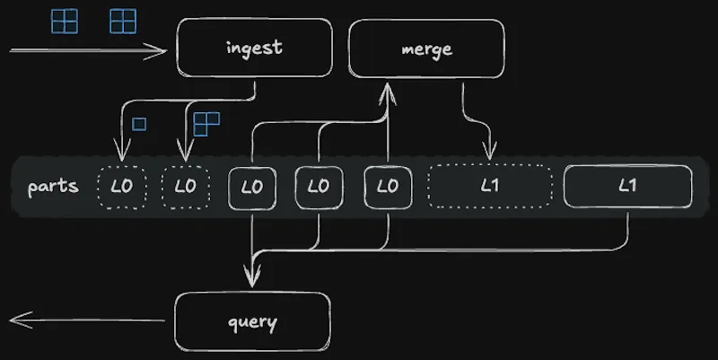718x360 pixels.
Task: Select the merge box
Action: coord(426,48)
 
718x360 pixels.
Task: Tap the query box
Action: coord(252,321)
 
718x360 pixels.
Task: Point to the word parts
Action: coord(53,187)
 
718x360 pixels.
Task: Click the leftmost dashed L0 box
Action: coord(121,187)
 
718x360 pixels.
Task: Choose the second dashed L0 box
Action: coord(185,187)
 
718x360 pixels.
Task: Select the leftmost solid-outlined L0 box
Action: coord(252,187)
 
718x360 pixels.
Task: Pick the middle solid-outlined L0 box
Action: coord(319,187)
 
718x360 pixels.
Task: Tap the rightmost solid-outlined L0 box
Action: coord(387,187)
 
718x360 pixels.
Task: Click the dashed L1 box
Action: coord(489,187)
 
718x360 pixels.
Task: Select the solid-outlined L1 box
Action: coord(627,187)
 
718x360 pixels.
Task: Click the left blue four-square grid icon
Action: coord(65,20)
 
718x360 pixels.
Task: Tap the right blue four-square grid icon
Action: coord(123,20)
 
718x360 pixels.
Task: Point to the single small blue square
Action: coord(139,124)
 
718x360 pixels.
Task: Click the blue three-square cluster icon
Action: coord(206,124)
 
